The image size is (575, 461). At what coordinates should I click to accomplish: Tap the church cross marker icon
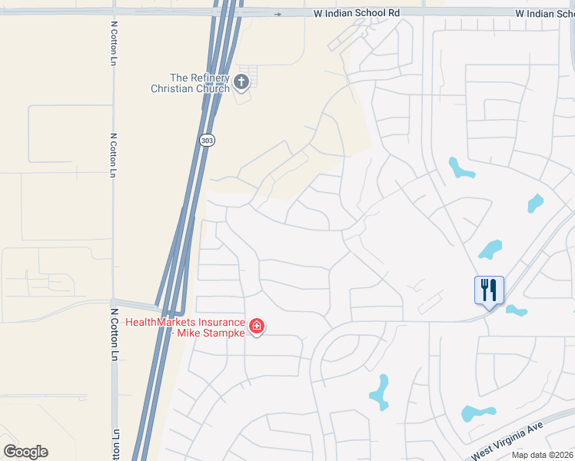click(241, 81)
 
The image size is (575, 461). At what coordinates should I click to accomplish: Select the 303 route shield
click(206, 140)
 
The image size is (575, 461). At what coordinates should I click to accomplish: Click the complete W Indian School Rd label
click(357, 14)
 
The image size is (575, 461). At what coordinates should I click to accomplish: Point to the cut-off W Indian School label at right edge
click(544, 14)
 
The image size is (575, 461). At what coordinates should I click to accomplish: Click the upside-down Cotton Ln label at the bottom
click(116, 445)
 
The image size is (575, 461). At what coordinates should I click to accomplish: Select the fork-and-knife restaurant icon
click(489, 290)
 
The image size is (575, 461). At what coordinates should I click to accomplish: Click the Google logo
click(25, 452)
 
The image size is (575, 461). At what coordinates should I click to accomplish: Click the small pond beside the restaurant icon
click(517, 310)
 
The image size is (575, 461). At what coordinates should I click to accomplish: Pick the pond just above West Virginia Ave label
click(477, 413)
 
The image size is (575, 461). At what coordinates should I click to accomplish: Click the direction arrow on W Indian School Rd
click(278, 14)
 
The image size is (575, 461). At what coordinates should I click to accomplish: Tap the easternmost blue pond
click(535, 203)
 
